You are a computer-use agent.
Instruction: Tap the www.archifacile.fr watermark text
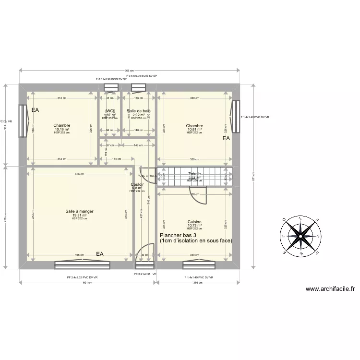tap(330, 289)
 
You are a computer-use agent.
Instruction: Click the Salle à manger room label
tap(79, 211)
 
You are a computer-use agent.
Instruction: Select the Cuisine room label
tap(194, 222)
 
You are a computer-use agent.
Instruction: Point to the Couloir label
tap(137, 184)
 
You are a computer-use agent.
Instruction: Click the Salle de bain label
tap(138, 111)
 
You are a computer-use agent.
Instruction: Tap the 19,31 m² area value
tap(79, 215)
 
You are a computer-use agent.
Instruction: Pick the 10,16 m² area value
tap(61, 129)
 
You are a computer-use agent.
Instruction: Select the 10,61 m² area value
tap(194, 129)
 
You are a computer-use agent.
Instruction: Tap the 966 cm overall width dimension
tap(129, 71)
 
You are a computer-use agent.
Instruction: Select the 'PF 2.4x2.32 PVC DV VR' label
tap(82, 277)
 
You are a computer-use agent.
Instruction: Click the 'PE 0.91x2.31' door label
tap(142, 274)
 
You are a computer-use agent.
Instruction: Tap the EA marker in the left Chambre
tap(35, 110)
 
